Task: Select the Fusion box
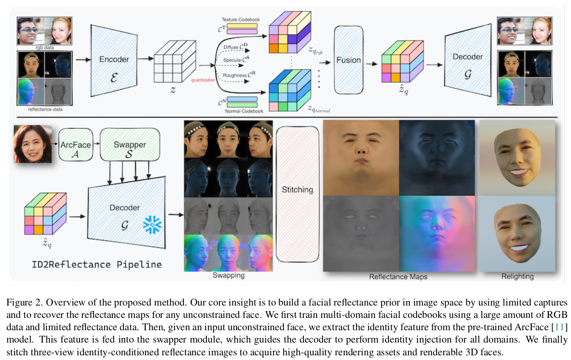click(x=348, y=60)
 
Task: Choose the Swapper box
click(x=129, y=145)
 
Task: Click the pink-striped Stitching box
click(x=297, y=194)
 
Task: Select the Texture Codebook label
click(x=240, y=20)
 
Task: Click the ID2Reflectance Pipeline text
click(x=97, y=264)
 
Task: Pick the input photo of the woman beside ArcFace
click(x=33, y=144)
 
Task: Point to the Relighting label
click(x=517, y=276)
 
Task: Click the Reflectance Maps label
click(x=398, y=277)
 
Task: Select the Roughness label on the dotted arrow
click(x=235, y=75)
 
